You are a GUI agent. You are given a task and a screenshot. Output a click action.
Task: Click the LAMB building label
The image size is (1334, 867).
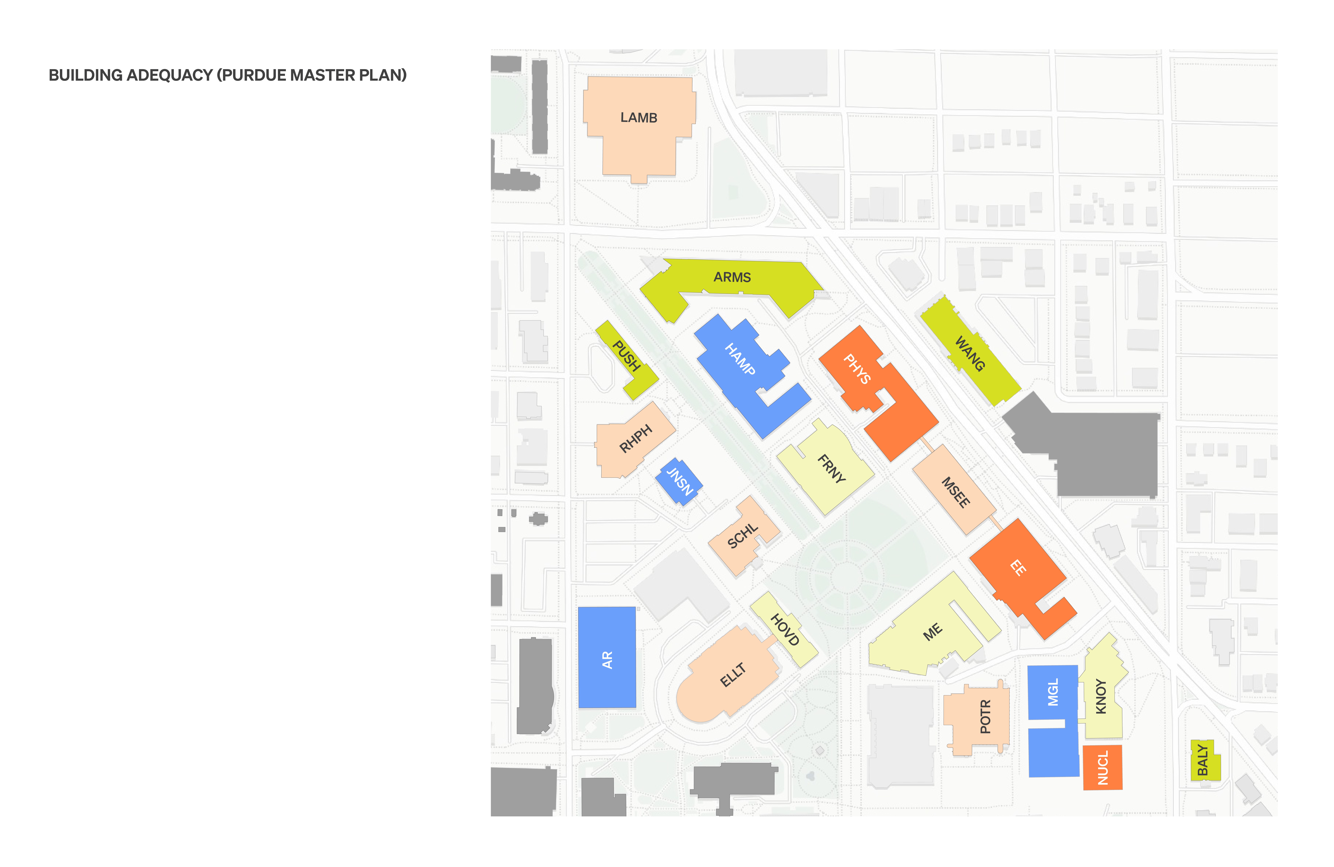(x=638, y=118)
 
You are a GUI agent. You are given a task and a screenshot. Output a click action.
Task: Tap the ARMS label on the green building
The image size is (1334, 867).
(x=732, y=277)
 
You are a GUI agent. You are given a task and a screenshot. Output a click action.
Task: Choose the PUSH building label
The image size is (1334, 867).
(x=626, y=356)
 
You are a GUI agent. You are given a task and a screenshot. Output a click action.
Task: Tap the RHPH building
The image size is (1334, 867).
(x=635, y=439)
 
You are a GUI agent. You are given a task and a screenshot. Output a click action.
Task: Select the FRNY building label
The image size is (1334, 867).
(x=831, y=468)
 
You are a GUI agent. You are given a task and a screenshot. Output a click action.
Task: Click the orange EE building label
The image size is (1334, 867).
(x=1018, y=568)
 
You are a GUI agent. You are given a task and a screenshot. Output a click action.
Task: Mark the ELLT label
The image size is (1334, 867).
(x=733, y=675)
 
